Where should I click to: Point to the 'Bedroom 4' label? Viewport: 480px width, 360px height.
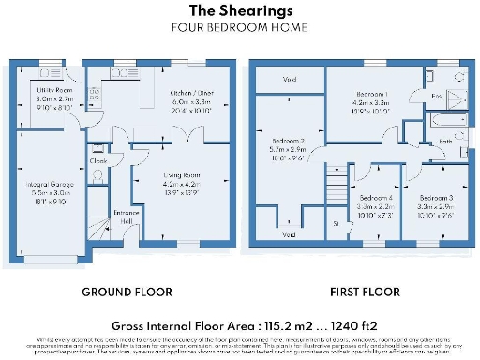376,197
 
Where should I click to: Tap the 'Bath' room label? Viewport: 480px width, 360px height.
445,142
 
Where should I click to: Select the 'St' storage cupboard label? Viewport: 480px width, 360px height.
336,224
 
